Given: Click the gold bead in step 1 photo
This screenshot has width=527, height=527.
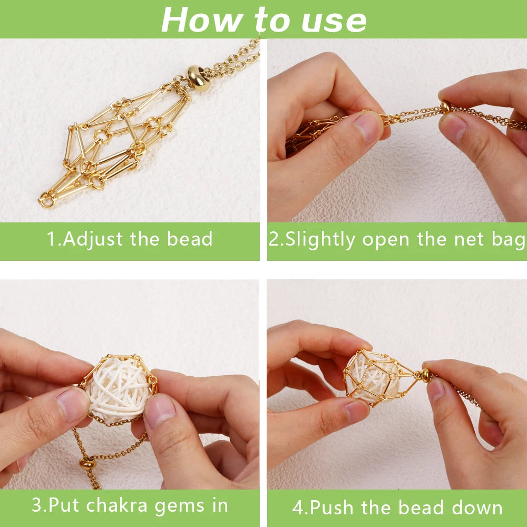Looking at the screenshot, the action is coord(198,78).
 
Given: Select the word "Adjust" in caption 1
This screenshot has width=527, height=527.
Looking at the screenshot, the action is coord(93,239).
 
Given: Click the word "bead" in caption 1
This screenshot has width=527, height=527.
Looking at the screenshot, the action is coord(190,239).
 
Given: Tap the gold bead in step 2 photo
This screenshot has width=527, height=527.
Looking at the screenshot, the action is coord(446,107).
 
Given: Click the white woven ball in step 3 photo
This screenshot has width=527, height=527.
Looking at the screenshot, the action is coord(118,389).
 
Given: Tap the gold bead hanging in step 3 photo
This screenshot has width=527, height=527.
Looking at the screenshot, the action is coord(87,463).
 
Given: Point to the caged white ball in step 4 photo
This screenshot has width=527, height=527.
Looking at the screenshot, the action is coord(374,378).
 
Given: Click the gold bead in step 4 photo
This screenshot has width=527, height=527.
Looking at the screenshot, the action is coord(425,375).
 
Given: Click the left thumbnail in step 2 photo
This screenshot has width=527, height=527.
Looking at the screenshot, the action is coord(368,128).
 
